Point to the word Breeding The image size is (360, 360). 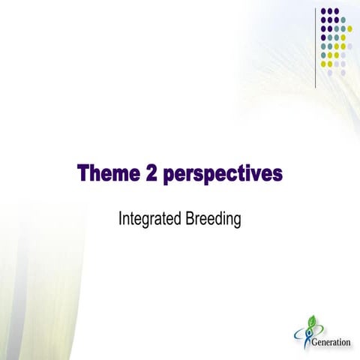[214, 220]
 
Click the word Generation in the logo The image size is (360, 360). [330, 343]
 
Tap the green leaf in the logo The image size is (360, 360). [311, 321]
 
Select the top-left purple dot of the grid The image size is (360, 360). [323, 11]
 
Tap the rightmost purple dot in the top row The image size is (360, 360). [336, 11]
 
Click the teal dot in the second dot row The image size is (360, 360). [343, 19]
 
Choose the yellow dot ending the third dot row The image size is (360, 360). [349, 28]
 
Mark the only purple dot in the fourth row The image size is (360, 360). [323, 37]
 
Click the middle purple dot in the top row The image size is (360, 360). [330, 11]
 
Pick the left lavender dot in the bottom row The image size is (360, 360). [330, 72]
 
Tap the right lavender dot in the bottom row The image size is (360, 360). [343, 72]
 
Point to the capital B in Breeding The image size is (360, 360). [190, 220]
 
